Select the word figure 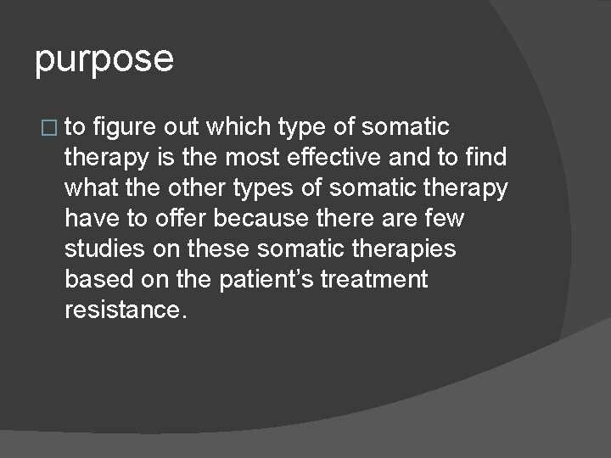tap(124, 127)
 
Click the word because tap(261, 219)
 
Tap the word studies tap(101, 249)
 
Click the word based tap(92, 280)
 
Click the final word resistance tap(123, 310)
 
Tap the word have tap(88, 219)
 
